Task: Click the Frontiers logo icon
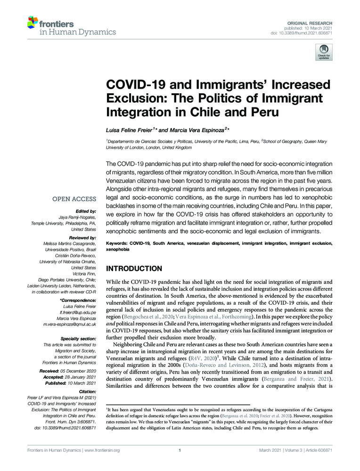33,22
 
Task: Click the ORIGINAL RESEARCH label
310,23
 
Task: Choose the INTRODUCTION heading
134,268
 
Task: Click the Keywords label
117,243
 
